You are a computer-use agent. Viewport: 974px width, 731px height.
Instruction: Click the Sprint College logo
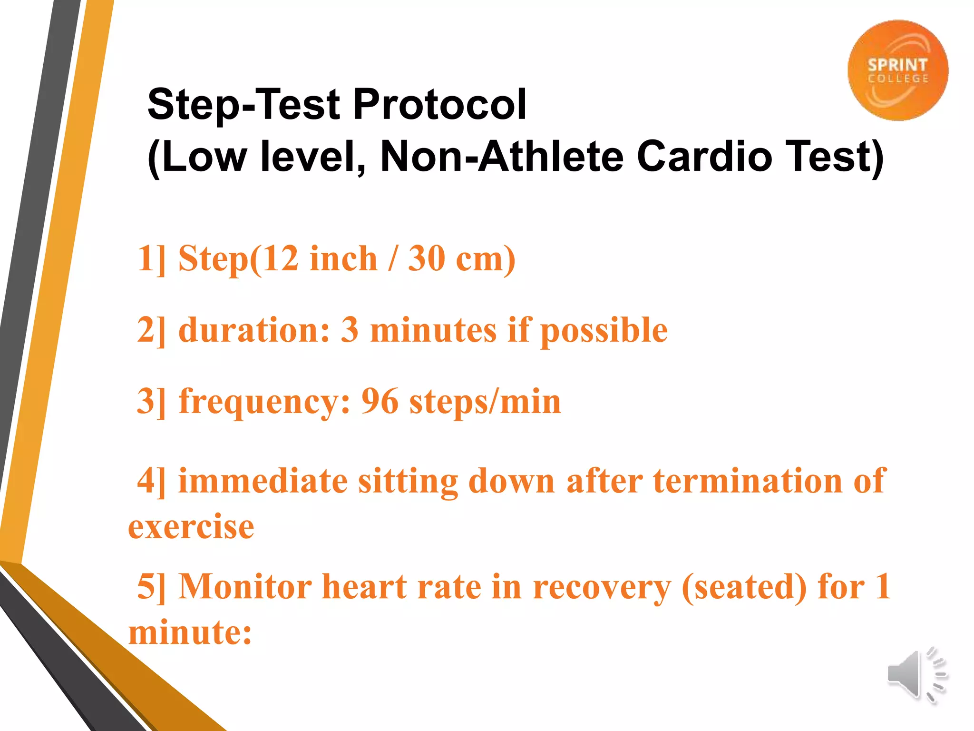[x=897, y=70]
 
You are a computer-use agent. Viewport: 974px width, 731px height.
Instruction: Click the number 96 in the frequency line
[x=380, y=401]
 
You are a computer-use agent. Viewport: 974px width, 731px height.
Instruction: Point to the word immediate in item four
[x=263, y=481]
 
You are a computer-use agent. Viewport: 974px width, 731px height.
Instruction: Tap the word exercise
[x=191, y=527]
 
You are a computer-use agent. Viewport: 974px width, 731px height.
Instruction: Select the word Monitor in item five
[x=245, y=586]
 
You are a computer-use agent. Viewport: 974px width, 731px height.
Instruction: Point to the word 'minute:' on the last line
[x=190, y=632]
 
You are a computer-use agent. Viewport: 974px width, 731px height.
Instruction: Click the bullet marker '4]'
[x=152, y=481]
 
